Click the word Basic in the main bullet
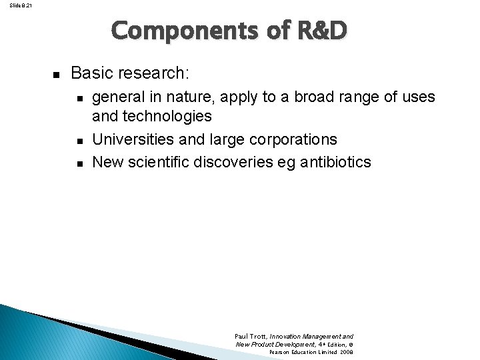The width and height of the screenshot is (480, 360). (x=89, y=72)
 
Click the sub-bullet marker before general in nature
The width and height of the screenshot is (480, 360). (x=79, y=99)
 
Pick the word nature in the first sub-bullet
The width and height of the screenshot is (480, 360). (x=181, y=97)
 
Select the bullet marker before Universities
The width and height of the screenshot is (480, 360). (x=79, y=141)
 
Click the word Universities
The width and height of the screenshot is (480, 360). (x=130, y=140)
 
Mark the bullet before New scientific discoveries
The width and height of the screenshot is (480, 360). (x=79, y=163)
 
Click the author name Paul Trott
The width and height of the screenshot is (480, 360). (x=250, y=337)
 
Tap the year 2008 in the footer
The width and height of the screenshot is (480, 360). (x=346, y=351)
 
